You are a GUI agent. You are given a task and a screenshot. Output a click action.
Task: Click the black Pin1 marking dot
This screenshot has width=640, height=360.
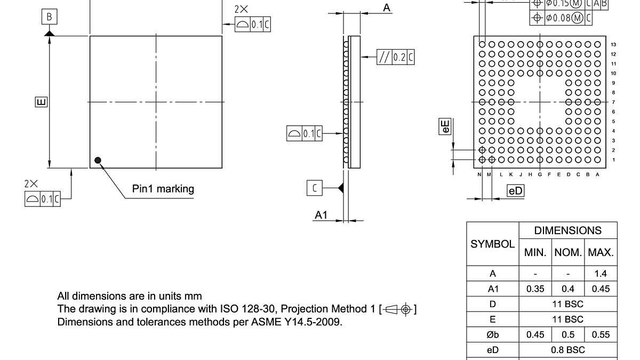(x=98, y=160)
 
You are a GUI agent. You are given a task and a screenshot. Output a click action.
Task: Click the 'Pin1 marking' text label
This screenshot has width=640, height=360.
(x=163, y=189)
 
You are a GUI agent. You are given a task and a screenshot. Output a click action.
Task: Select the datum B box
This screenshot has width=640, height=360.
(x=49, y=17)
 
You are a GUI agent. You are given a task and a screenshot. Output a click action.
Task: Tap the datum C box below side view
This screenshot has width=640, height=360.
(x=315, y=188)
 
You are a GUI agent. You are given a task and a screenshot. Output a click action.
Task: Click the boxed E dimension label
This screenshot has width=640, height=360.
(x=41, y=101)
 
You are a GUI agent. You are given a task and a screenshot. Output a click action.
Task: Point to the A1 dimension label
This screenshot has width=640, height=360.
(x=321, y=215)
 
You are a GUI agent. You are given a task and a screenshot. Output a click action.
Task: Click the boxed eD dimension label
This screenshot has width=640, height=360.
(x=516, y=191)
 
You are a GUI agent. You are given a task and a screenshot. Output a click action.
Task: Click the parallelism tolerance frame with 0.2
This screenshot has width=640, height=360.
(x=395, y=57)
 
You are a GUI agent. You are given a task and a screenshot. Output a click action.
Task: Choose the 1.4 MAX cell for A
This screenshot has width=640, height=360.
(x=601, y=274)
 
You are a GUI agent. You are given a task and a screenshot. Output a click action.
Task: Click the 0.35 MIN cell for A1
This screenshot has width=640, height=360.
(x=534, y=289)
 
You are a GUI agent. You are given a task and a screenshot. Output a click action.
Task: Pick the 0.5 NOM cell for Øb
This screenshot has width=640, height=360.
(x=568, y=335)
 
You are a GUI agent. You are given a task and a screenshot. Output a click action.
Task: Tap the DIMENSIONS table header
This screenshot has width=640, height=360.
(x=567, y=230)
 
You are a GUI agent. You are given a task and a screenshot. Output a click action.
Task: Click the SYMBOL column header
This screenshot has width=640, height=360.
(x=492, y=244)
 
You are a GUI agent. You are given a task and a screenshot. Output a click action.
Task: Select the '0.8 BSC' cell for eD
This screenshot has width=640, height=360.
(x=567, y=350)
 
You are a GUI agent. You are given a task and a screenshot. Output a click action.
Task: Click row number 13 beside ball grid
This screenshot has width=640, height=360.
(x=613, y=45)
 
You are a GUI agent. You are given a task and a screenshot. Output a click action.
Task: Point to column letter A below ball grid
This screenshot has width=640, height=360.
(x=597, y=174)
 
